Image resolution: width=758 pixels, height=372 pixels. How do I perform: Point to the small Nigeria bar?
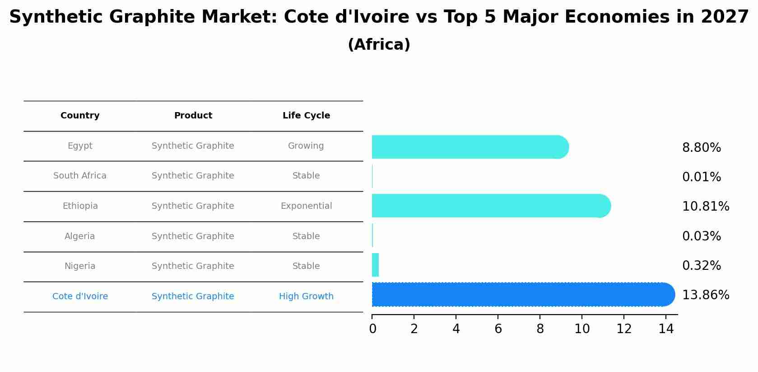click(375, 265)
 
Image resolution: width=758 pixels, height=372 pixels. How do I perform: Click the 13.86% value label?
click(705, 295)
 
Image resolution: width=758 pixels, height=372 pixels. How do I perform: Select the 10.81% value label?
click(705, 207)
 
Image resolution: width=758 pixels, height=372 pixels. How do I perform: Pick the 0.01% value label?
click(701, 177)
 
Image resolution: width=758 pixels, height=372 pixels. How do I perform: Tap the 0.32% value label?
click(701, 266)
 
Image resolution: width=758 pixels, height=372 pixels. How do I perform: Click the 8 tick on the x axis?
click(540, 329)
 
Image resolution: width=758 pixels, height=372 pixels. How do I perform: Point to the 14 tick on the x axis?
click(666, 329)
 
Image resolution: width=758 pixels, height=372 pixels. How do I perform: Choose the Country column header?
click(80, 116)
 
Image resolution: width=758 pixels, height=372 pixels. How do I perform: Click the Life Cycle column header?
click(306, 116)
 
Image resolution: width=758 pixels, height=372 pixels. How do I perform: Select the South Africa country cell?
click(80, 176)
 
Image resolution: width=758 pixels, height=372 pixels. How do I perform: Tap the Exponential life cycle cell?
click(306, 206)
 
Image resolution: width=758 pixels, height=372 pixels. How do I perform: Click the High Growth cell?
click(306, 297)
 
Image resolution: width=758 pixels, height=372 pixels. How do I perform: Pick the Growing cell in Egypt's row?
click(306, 146)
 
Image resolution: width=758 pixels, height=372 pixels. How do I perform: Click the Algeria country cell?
click(80, 236)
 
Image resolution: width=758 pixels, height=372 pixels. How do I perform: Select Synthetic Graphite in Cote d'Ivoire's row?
click(193, 297)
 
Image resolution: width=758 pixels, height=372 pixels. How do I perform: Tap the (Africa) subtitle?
click(379, 45)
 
